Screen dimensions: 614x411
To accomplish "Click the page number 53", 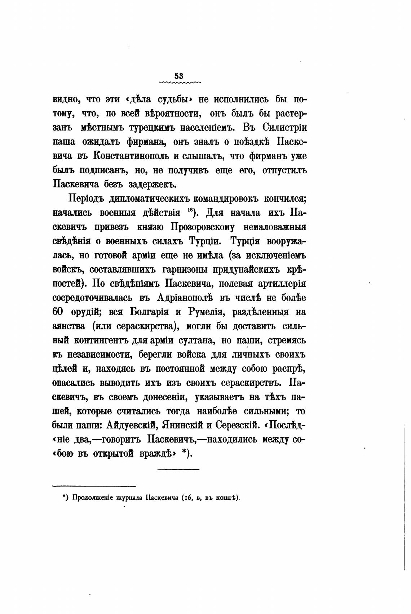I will pos(179,76).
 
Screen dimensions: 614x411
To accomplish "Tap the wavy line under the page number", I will pos(179,83).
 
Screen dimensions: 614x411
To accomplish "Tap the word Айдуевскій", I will pos(131,426).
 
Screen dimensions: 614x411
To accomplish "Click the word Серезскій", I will pos(237,426).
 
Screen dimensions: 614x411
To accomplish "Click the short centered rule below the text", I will pos(178,469).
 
